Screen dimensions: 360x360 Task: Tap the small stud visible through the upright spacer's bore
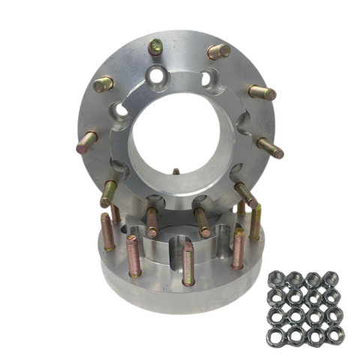click(176, 171)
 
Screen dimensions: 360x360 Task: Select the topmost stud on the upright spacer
click(156, 46)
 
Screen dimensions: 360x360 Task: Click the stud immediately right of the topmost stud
click(218, 52)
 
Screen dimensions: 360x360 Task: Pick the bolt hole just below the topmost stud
click(157, 75)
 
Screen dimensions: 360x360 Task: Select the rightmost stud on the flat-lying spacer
click(255, 222)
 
